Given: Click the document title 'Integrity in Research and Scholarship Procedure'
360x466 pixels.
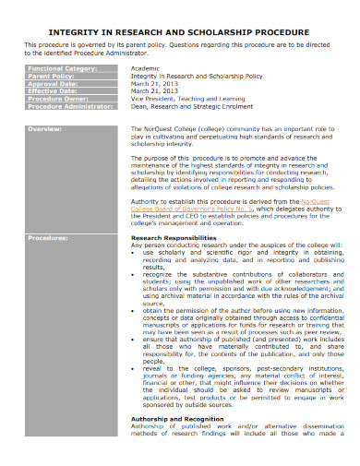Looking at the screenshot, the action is pyautogui.click(x=179, y=31).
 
